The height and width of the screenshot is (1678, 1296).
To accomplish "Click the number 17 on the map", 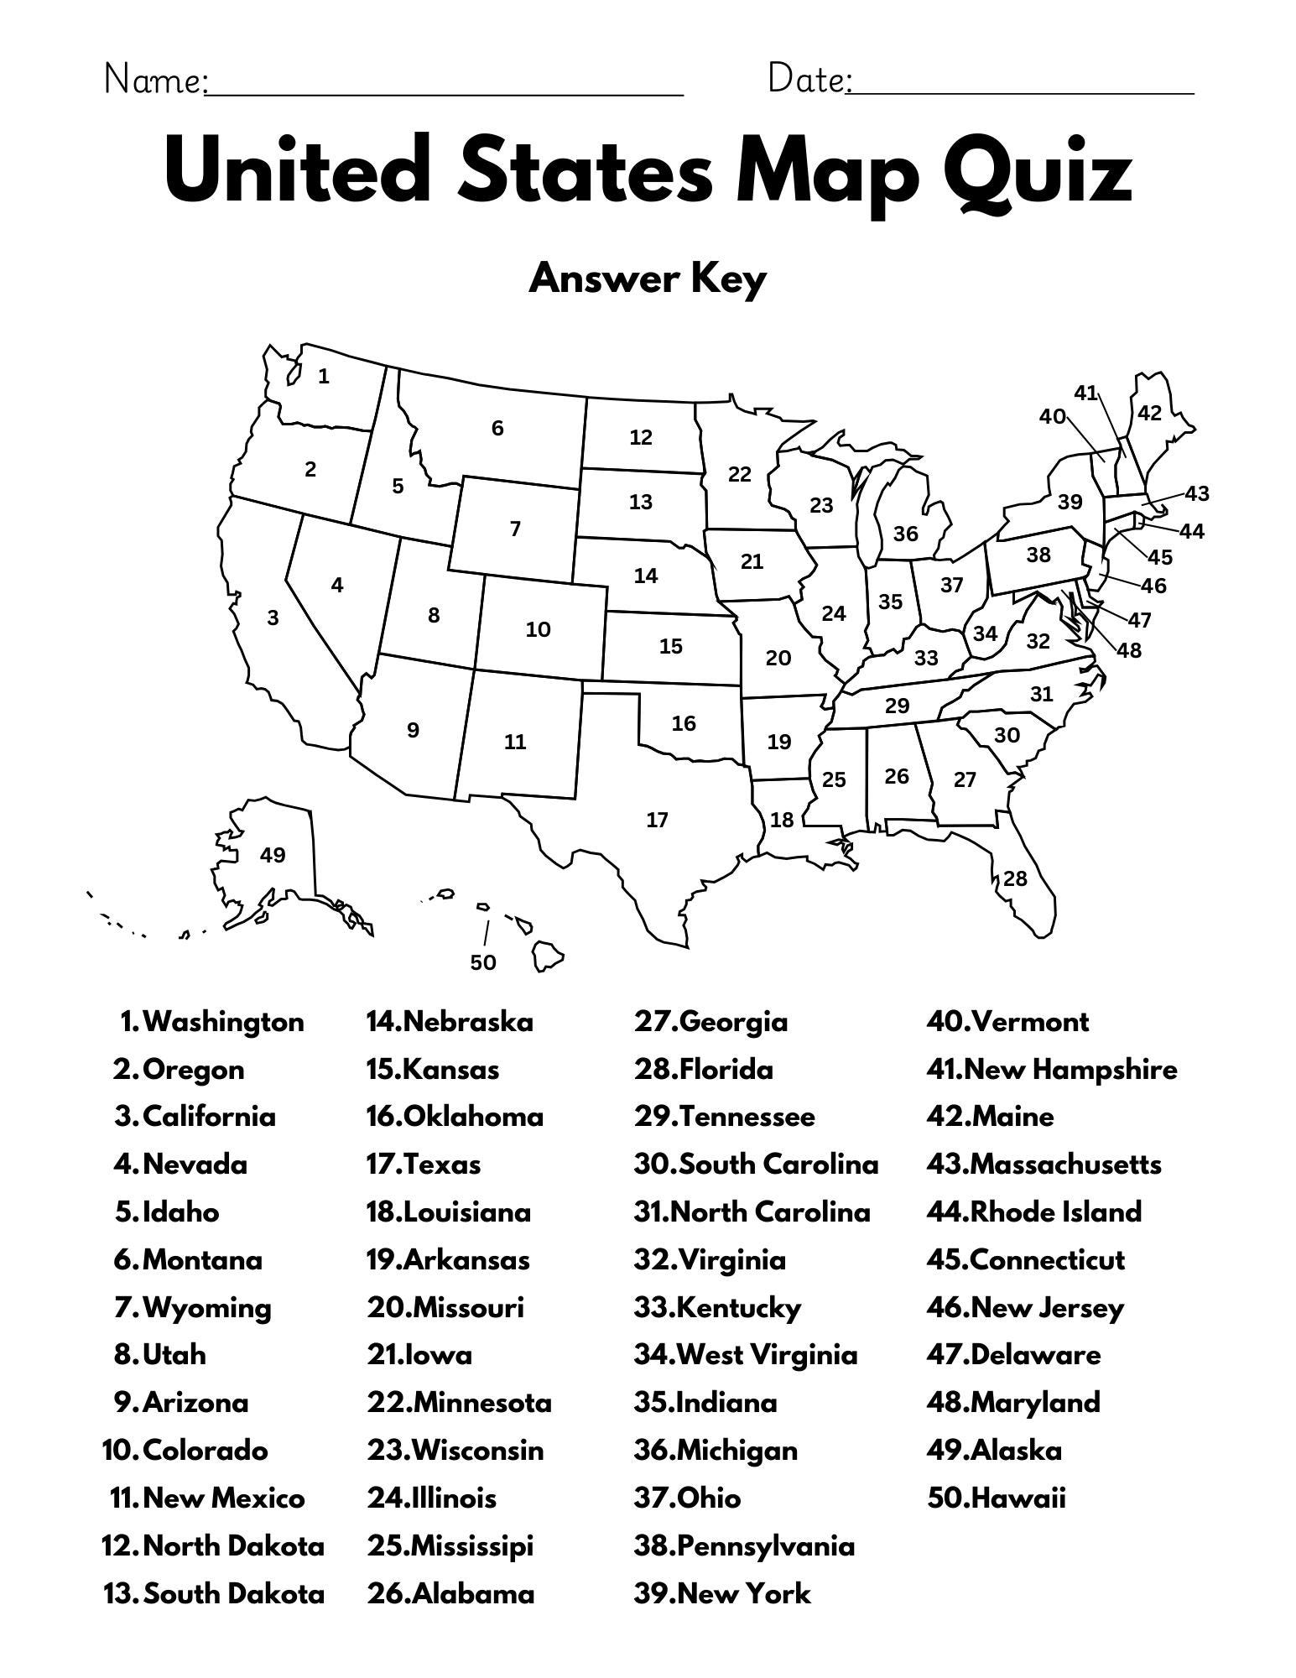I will tap(657, 820).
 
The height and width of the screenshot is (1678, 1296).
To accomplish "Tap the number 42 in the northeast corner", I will tap(1149, 413).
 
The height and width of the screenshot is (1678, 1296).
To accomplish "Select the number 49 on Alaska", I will tap(273, 855).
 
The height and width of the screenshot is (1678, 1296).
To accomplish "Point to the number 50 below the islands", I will tap(483, 962).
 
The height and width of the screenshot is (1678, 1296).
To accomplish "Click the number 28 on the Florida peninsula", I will tap(1015, 878).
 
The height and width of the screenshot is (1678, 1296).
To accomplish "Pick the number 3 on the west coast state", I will tap(273, 618).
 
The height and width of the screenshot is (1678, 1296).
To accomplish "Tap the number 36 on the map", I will tap(905, 534).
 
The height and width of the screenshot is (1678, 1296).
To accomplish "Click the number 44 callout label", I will tap(1191, 531).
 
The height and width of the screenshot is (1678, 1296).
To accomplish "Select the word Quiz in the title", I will tap(1037, 175).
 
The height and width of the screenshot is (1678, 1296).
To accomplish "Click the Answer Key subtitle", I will tap(648, 279).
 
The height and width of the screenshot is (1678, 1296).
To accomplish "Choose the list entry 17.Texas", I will tap(424, 1165).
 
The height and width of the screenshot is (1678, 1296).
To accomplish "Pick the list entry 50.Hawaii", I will tap(996, 1498).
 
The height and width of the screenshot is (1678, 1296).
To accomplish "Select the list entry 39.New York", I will tap(722, 1593).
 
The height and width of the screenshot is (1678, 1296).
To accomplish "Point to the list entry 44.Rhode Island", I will tap(1033, 1212).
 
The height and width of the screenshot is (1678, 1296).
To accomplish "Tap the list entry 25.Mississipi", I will tap(450, 1545).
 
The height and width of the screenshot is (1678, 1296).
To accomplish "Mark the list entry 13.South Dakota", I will tap(214, 1593).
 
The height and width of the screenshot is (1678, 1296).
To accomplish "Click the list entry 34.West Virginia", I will tap(746, 1355).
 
